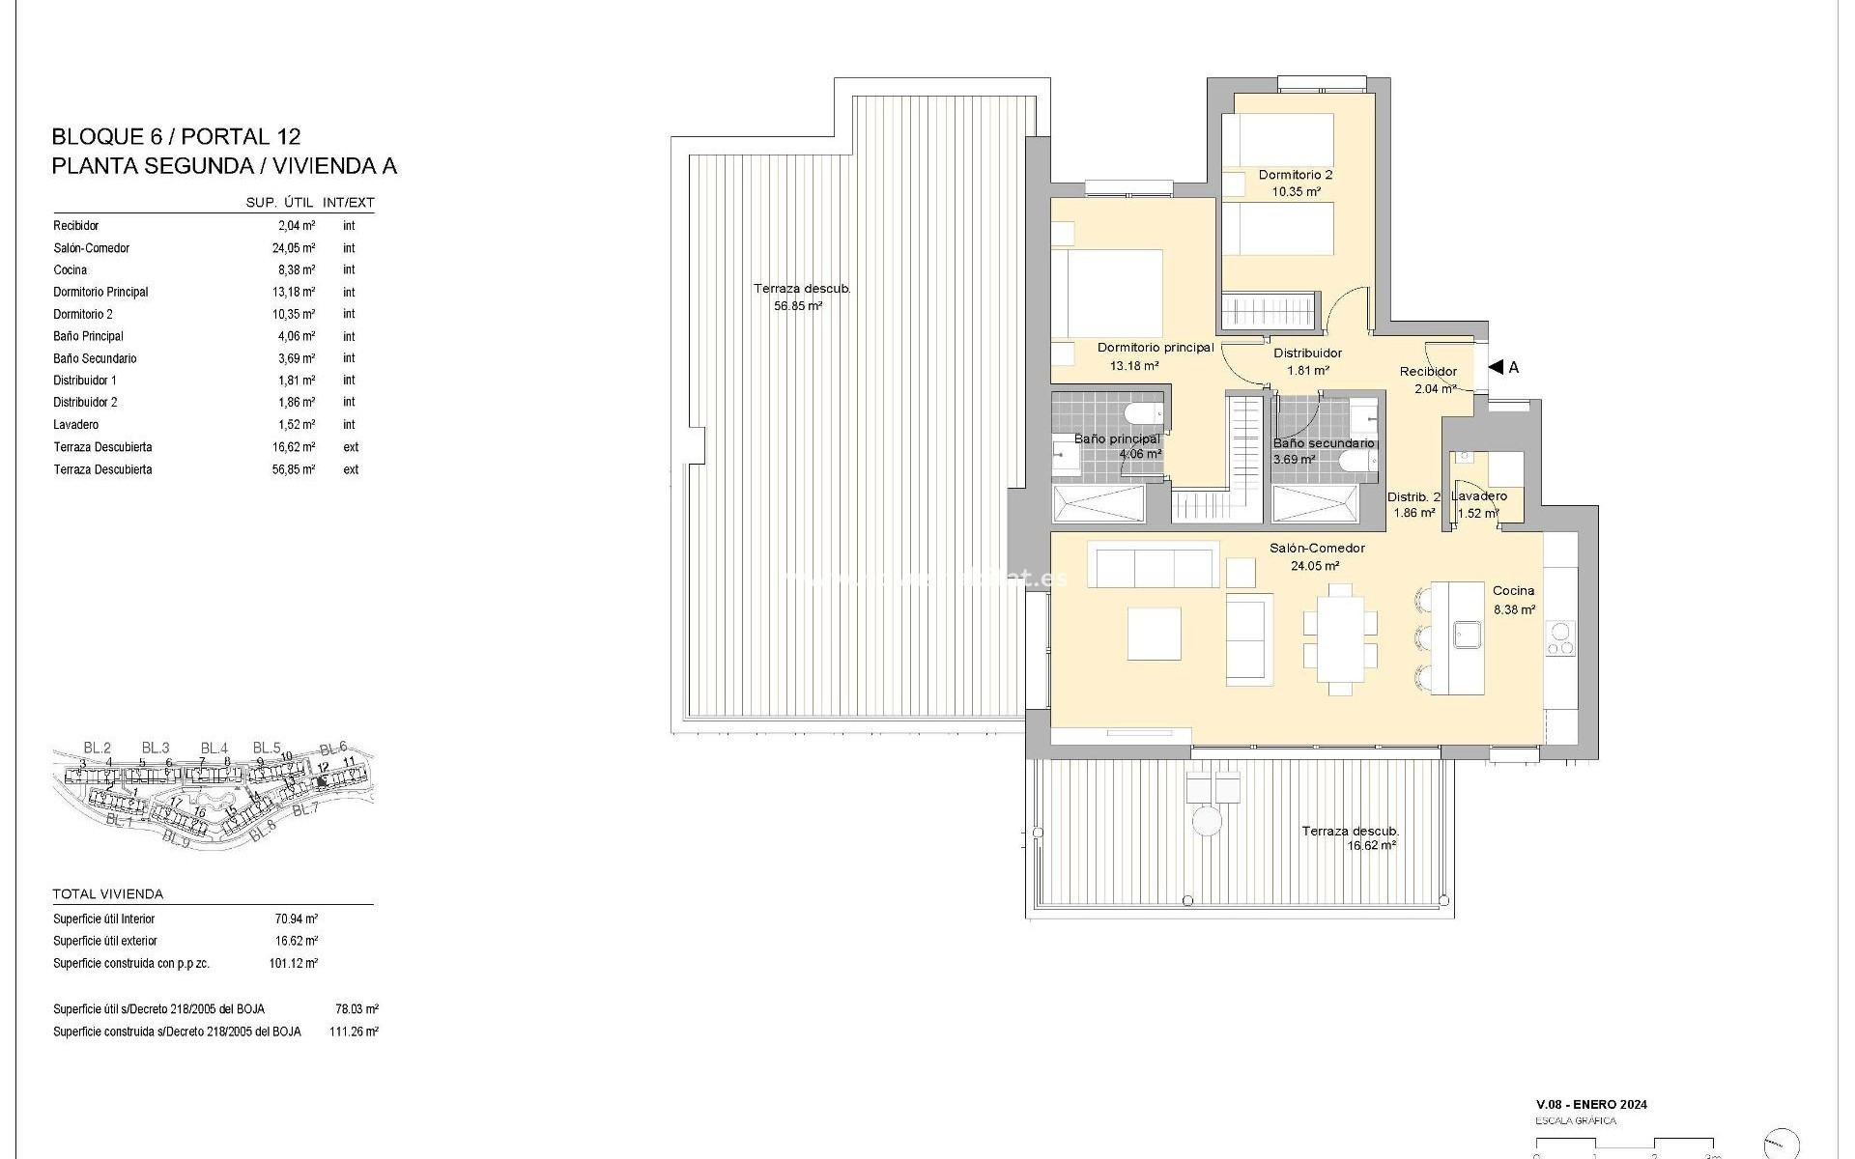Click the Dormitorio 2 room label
tap(1295, 175)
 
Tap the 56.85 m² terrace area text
tap(797, 306)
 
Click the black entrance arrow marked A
tap(1497, 367)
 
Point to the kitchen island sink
tap(1469, 635)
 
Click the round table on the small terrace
tap(1206, 822)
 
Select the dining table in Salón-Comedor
tap(1340, 638)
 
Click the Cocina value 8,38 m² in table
tap(296, 270)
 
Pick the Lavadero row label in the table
tap(76, 425)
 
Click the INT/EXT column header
tap(348, 203)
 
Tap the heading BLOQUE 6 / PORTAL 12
tap(176, 137)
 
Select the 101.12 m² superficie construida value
tap(294, 963)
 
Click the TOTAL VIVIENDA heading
tap(108, 894)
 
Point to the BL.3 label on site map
tap(155, 748)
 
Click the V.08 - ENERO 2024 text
tap(1591, 1104)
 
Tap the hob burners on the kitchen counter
tap(1559, 638)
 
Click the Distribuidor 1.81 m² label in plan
tap(1307, 361)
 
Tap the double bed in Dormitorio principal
tap(1107, 294)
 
